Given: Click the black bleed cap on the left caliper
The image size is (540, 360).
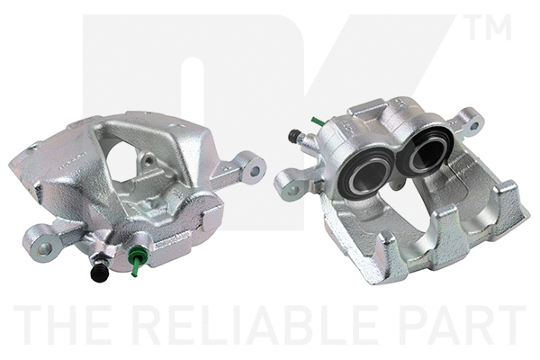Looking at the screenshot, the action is (x=100, y=273).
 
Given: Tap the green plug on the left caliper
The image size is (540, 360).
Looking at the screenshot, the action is (x=136, y=260).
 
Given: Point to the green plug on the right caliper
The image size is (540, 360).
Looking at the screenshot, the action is (x=318, y=121).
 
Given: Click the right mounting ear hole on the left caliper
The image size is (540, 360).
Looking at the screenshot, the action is (x=256, y=170).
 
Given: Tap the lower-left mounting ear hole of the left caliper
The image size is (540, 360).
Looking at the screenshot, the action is (x=44, y=248).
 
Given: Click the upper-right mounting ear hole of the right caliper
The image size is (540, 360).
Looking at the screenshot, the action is (x=474, y=126).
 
